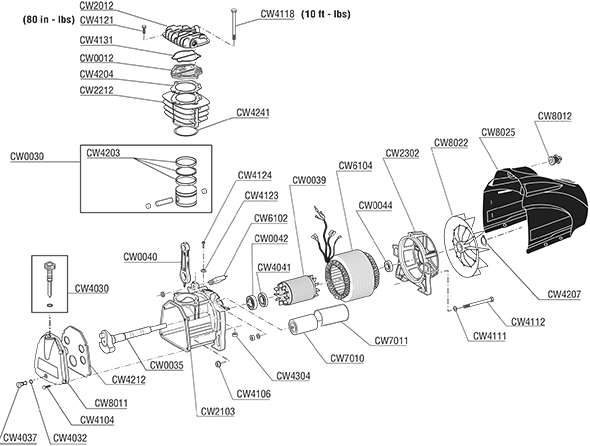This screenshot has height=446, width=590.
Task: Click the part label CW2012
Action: click(x=96, y=6)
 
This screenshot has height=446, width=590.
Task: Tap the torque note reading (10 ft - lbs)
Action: click(x=326, y=14)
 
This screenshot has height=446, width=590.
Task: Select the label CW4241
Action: click(x=253, y=113)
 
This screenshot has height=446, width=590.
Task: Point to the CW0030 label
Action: click(x=27, y=157)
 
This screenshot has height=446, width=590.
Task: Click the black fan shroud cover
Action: click(x=535, y=209)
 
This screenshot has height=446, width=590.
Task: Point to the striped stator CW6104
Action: click(x=353, y=276)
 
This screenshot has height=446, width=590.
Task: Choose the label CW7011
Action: click(x=391, y=341)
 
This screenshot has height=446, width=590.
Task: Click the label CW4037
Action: click(x=20, y=438)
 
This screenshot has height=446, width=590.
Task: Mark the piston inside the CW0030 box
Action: click(x=186, y=196)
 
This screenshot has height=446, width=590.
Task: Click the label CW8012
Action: click(x=554, y=116)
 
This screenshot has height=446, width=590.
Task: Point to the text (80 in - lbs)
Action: click(x=49, y=20)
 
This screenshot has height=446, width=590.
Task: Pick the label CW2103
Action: click(x=217, y=411)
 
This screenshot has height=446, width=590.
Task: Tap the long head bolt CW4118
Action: click(x=234, y=26)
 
